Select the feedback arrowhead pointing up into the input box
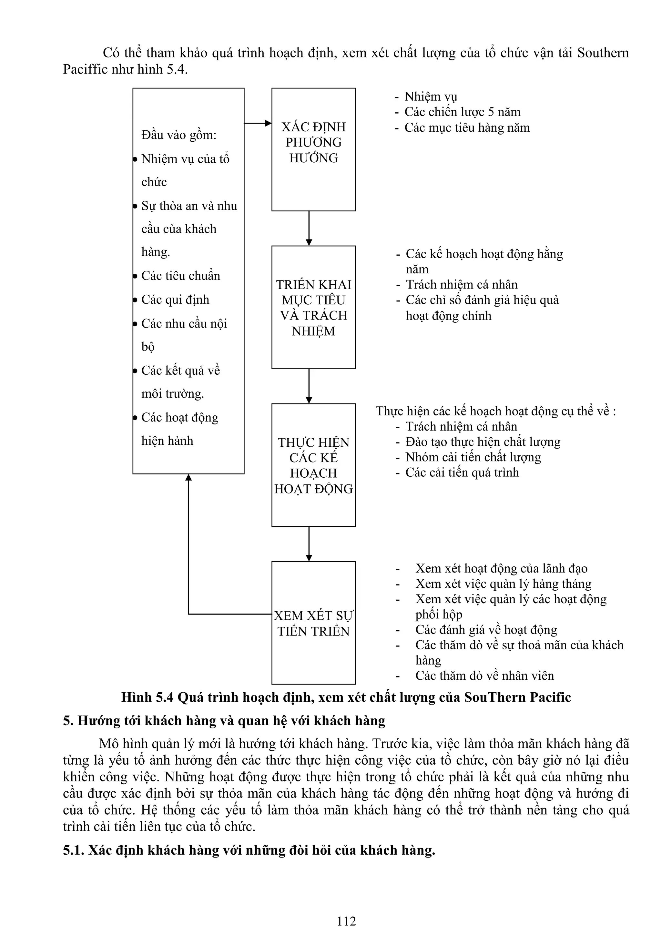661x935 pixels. (x=188, y=478)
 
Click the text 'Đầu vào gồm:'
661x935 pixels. (x=179, y=135)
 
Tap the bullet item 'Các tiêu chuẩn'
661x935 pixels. (x=180, y=276)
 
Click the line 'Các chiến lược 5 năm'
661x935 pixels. (x=462, y=112)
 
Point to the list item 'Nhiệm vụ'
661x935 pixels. (x=431, y=97)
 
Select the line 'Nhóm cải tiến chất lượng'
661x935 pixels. (x=473, y=457)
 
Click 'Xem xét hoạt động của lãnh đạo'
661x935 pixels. (x=501, y=568)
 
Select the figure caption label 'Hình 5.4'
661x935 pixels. (x=147, y=697)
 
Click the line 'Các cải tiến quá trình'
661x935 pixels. (x=462, y=473)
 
